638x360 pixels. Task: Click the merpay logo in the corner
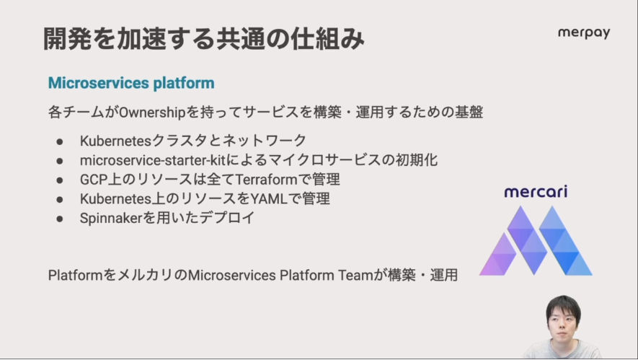coord(584,33)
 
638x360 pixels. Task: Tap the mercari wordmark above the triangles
coord(536,191)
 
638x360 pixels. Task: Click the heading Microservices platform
coord(131,83)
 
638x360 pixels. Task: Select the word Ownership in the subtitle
coord(152,113)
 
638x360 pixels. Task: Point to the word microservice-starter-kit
coord(153,160)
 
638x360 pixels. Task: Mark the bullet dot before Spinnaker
coord(60,219)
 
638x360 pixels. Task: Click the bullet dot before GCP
coord(60,180)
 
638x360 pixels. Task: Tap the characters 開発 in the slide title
coord(68,39)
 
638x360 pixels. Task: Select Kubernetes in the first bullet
coord(115,141)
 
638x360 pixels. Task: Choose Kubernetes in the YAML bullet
coord(115,198)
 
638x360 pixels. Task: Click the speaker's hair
coord(563,304)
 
